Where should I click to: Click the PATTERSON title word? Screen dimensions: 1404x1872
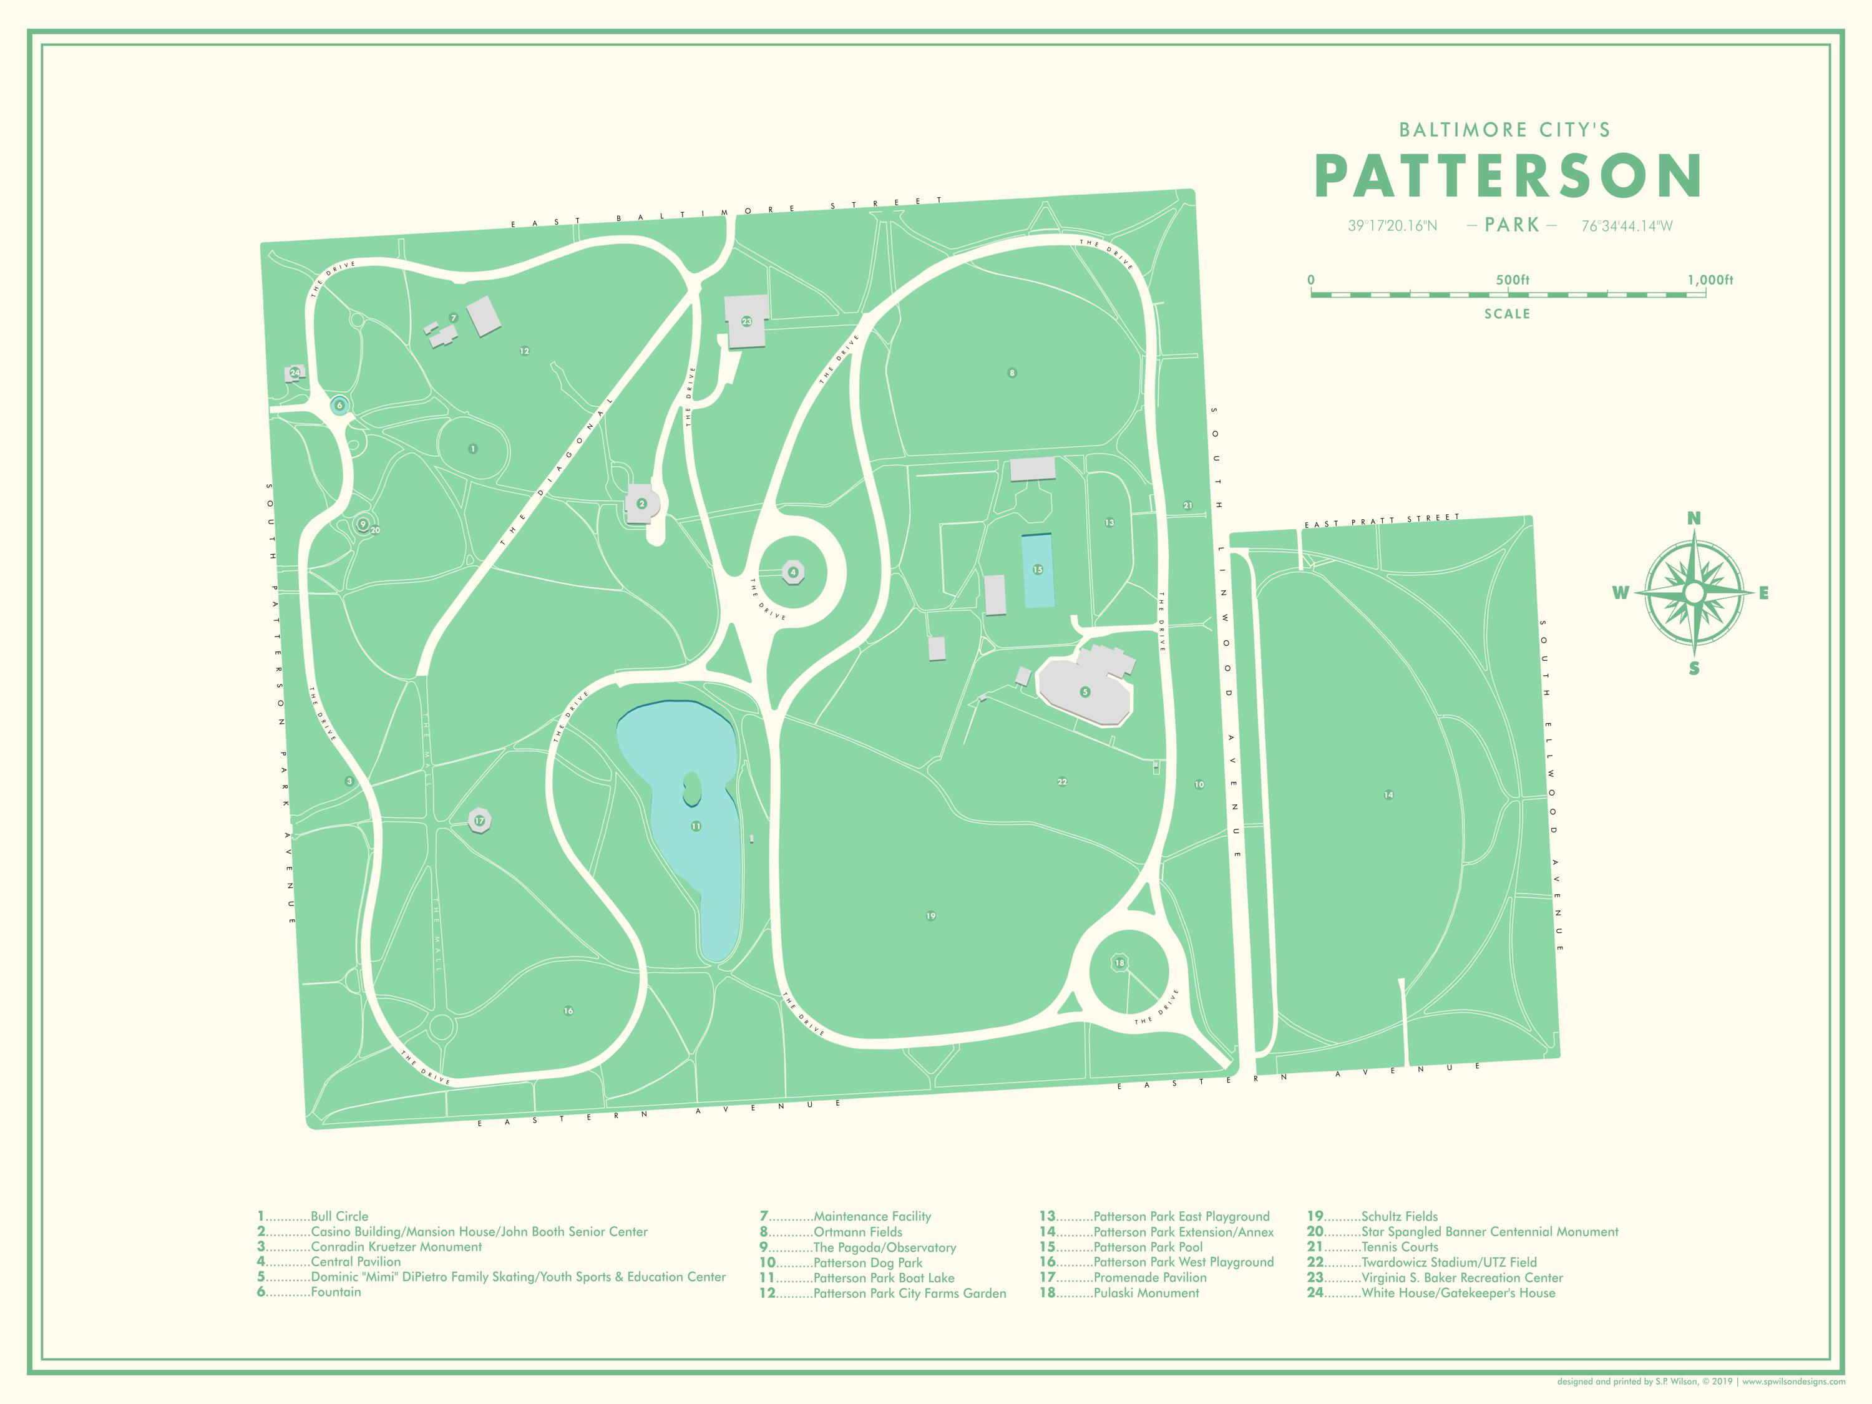pyautogui.click(x=1508, y=176)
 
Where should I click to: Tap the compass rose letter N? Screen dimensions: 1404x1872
pyautogui.click(x=1694, y=519)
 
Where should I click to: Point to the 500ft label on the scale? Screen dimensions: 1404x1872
pyautogui.click(x=1513, y=280)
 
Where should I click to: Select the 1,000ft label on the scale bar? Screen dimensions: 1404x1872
pyautogui.click(x=1710, y=280)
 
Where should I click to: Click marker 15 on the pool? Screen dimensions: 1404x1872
pyautogui.click(x=1038, y=570)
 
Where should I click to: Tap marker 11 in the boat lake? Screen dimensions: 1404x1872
pyautogui.click(x=696, y=826)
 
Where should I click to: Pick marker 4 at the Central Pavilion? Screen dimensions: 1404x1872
pyautogui.click(x=793, y=572)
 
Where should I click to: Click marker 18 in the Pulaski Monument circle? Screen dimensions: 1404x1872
pyautogui.click(x=1119, y=963)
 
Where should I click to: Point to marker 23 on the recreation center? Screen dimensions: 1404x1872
pyautogui.click(x=746, y=321)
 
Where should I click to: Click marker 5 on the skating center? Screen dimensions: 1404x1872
pyautogui.click(x=1085, y=691)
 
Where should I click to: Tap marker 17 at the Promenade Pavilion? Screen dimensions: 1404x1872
pyautogui.click(x=479, y=820)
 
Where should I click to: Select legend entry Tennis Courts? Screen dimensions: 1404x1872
pyautogui.click(x=1399, y=1247)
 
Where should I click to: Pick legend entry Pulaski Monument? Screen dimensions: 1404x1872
pyautogui.click(x=1146, y=1293)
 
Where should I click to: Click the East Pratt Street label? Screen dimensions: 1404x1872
pyautogui.click(x=1382, y=520)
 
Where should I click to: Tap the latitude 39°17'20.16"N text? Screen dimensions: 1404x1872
pyautogui.click(x=1392, y=226)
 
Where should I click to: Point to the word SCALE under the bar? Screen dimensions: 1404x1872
pyautogui.click(x=1506, y=314)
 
